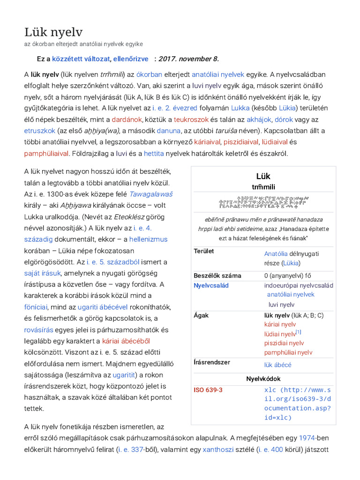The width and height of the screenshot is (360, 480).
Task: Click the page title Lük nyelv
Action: [x=53, y=32]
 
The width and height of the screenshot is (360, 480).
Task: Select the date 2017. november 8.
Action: [x=188, y=59]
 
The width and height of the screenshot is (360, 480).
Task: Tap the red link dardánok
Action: [x=127, y=120]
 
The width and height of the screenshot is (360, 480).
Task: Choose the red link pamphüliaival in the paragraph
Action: [x=46, y=153]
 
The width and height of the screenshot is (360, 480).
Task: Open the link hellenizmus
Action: [x=148, y=239]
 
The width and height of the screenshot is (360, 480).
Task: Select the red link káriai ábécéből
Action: [x=126, y=341]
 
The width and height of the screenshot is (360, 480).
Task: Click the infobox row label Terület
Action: [x=204, y=251]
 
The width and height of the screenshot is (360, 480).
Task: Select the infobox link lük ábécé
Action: [x=277, y=365]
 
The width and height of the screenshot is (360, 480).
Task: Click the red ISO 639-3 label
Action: [x=208, y=390]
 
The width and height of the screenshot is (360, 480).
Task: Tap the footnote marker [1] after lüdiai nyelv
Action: [x=298, y=332]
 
